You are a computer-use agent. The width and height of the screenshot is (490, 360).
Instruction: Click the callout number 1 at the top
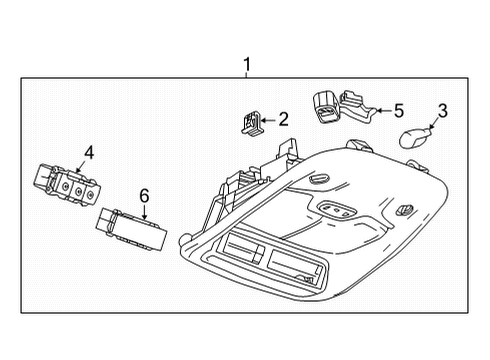coord(246,66)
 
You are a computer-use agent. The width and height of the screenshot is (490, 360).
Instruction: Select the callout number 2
coord(283,120)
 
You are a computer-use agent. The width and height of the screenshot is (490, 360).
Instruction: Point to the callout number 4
coord(88,153)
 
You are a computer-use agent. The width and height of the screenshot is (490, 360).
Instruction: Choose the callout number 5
coord(398,111)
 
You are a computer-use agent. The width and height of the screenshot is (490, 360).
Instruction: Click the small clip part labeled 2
coord(251,123)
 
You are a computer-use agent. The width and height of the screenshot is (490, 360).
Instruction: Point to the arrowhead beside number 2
coord(266,121)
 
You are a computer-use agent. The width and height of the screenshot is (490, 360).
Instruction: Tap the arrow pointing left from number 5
coord(380,112)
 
